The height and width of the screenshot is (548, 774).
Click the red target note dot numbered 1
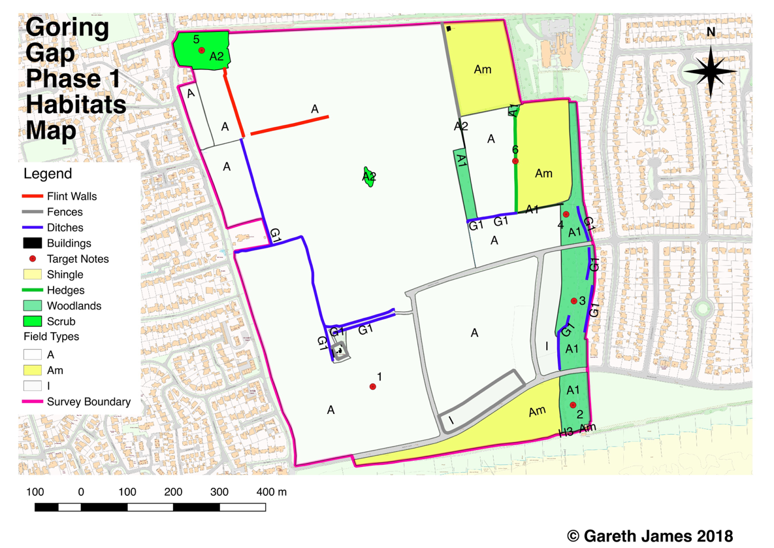[x=373, y=386]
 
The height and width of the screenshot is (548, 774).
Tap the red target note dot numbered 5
[x=202, y=50]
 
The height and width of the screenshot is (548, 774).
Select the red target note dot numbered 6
[x=515, y=161]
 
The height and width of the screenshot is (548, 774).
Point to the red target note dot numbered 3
[x=574, y=301]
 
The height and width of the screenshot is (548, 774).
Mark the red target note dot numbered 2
[x=573, y=405]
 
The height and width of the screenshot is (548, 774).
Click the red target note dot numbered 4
[x=566, y=214]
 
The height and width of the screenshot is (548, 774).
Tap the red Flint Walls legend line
[x=32, y=196]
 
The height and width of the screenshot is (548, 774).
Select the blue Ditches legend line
[x=32, y=228]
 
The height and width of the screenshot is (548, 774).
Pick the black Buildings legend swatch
[x=32, y=243]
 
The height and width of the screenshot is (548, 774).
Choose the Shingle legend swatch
[x=32, y=275]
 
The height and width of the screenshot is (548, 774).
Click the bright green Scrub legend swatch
[x=32, y=321]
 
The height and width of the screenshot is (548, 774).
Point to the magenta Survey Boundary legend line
[x=32, y=402]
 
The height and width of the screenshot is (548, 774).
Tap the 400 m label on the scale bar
[x=271, y=492]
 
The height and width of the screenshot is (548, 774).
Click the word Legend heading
[x=48, y=174]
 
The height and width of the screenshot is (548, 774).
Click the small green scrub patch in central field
[x=369, y=177]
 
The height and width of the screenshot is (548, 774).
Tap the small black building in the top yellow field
[x=448, y=29]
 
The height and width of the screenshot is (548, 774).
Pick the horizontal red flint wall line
[x=289, y=125]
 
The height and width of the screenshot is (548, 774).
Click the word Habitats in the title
[x=76, y=105]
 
